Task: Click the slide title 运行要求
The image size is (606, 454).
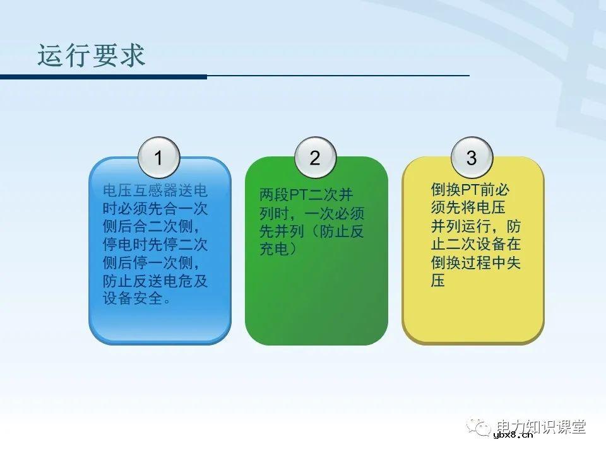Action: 92,55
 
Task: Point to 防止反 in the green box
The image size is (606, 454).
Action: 343,231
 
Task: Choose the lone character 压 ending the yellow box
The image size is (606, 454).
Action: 438,281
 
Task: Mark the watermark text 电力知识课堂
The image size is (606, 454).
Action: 542,426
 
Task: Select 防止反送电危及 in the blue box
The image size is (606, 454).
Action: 155,281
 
